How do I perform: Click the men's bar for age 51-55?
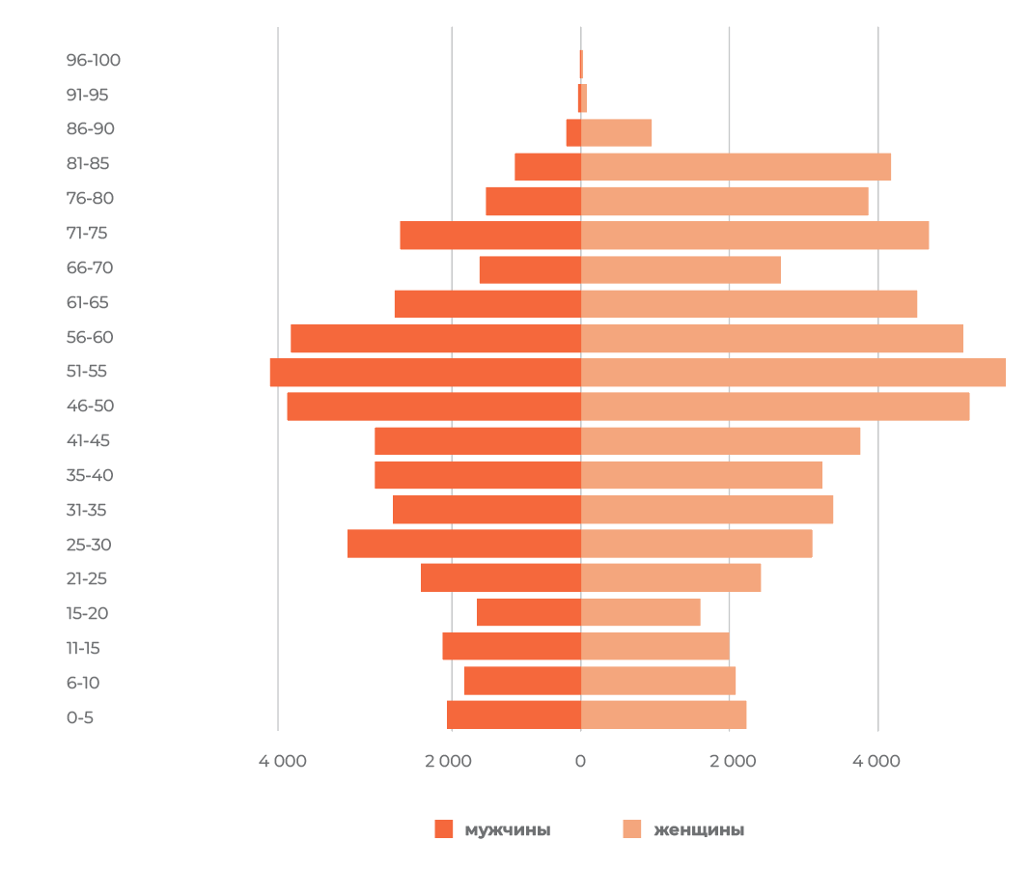pyautogui.click(x=426, y=373)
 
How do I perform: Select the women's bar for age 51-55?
pyautogui.click(x=793, y=373)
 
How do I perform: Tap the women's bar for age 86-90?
pyautogui.click(x=616, y=132)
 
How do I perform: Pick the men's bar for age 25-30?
pyautogui.click(x=464, y=544)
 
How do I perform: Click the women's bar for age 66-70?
pyautogui.click(x=681, y=269)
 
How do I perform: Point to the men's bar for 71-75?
pyautogui.click(x=490, y=235)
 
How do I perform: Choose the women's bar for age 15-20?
pyautogui.click(x=640, y=612)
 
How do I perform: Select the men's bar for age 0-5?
pyautogui.click(x=514, y=715)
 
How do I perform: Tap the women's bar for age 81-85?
pyautogui.click(x=736, y=166)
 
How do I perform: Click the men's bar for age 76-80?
pyautogui.click(x=533, y=201)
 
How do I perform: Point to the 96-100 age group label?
pyautogui.click(x=94, y=60)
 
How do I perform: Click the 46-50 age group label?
pyautogui.click(x=90, y=406)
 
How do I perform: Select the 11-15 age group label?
pyautogui.click(x=83, y=648)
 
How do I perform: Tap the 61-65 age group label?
pyautogui.click(x=88, y=302)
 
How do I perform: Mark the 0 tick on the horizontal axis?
pyautogui.click(x=580, y=761)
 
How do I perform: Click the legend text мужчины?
pyautogui.click(x=508, y=829)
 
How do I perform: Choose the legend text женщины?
pyautogui.click(x=699, y=829)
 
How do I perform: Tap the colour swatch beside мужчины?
pyautogui.click(x=443, y=828)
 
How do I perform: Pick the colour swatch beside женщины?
pyautogui.click(x=631, y=828)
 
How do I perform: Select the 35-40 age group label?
pyautogui.click(x=90, y=475)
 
